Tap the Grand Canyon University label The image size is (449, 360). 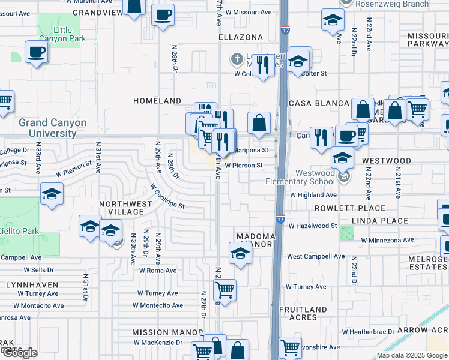(52, 128)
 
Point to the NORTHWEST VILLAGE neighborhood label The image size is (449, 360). (125, 208)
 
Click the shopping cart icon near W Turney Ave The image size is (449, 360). (224, 290)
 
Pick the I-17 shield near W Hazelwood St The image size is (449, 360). (280, 220)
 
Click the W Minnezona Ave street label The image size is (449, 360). (387, 240)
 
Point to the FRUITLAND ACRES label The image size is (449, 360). (303, 313)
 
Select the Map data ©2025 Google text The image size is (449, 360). (411, 355)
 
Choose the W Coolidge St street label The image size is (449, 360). (167, 196)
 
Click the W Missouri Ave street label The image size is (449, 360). (248, 12)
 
